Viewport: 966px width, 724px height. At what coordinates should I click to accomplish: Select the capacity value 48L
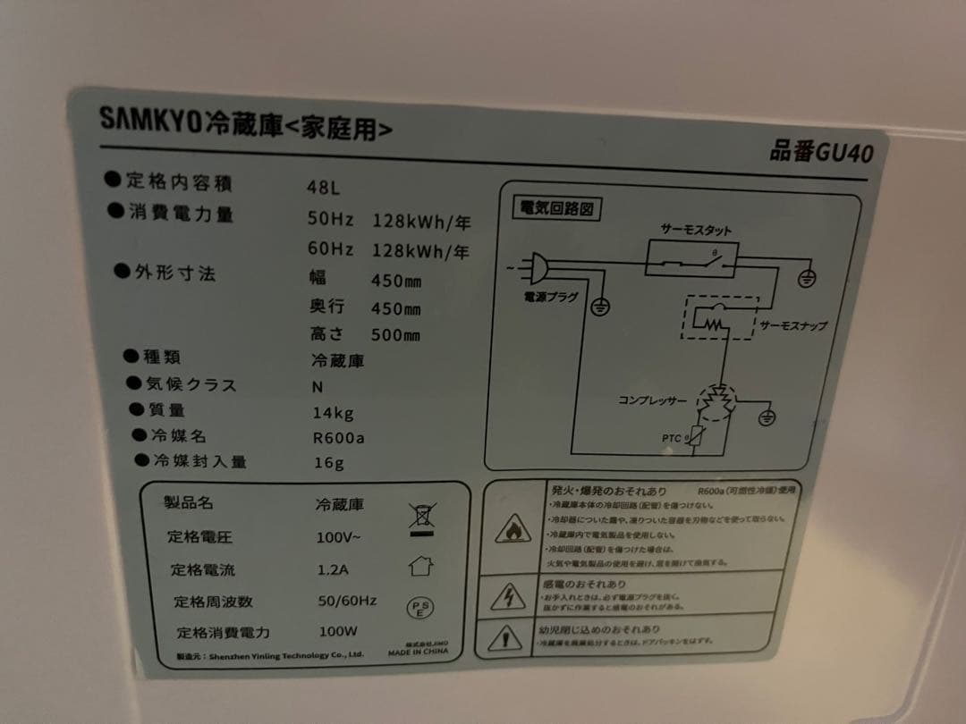pyautogui.click(x=323, y=189)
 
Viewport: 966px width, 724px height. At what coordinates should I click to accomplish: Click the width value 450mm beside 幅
pyautogui.click(x=395, y=281)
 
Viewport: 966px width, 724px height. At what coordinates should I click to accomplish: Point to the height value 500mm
pyautogui.click(x=394, y=336)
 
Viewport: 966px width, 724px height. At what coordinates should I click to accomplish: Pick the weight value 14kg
pyautogui.click(x=333, y=413)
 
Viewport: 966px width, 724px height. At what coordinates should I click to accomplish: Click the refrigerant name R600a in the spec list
pyautogui.click(x=338, y=438)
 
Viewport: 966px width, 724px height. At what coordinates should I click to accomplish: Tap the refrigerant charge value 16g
pyautogui.click(x=328, y=463)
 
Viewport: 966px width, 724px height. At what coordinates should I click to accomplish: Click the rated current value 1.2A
pyautogui.click(x=333, y=570)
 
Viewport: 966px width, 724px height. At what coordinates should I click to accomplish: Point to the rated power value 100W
pyautogui.click(x=337, y=631)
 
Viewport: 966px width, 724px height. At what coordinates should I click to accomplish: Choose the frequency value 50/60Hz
pyautogui.click(x=346, y=601)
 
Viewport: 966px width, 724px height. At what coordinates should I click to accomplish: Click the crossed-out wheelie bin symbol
pyautogui.click(x=420, y=518)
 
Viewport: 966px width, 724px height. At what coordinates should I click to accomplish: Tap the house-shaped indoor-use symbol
pyautogui.click(x=420, y=565)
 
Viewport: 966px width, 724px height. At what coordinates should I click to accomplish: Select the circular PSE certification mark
pyautogui.click(x=420, y=609)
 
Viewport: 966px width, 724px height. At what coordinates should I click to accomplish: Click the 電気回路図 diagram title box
pyautogui.click(x=555, y=209)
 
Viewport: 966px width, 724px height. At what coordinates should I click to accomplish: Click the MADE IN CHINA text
pyautogui.click(x=418, y=652)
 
